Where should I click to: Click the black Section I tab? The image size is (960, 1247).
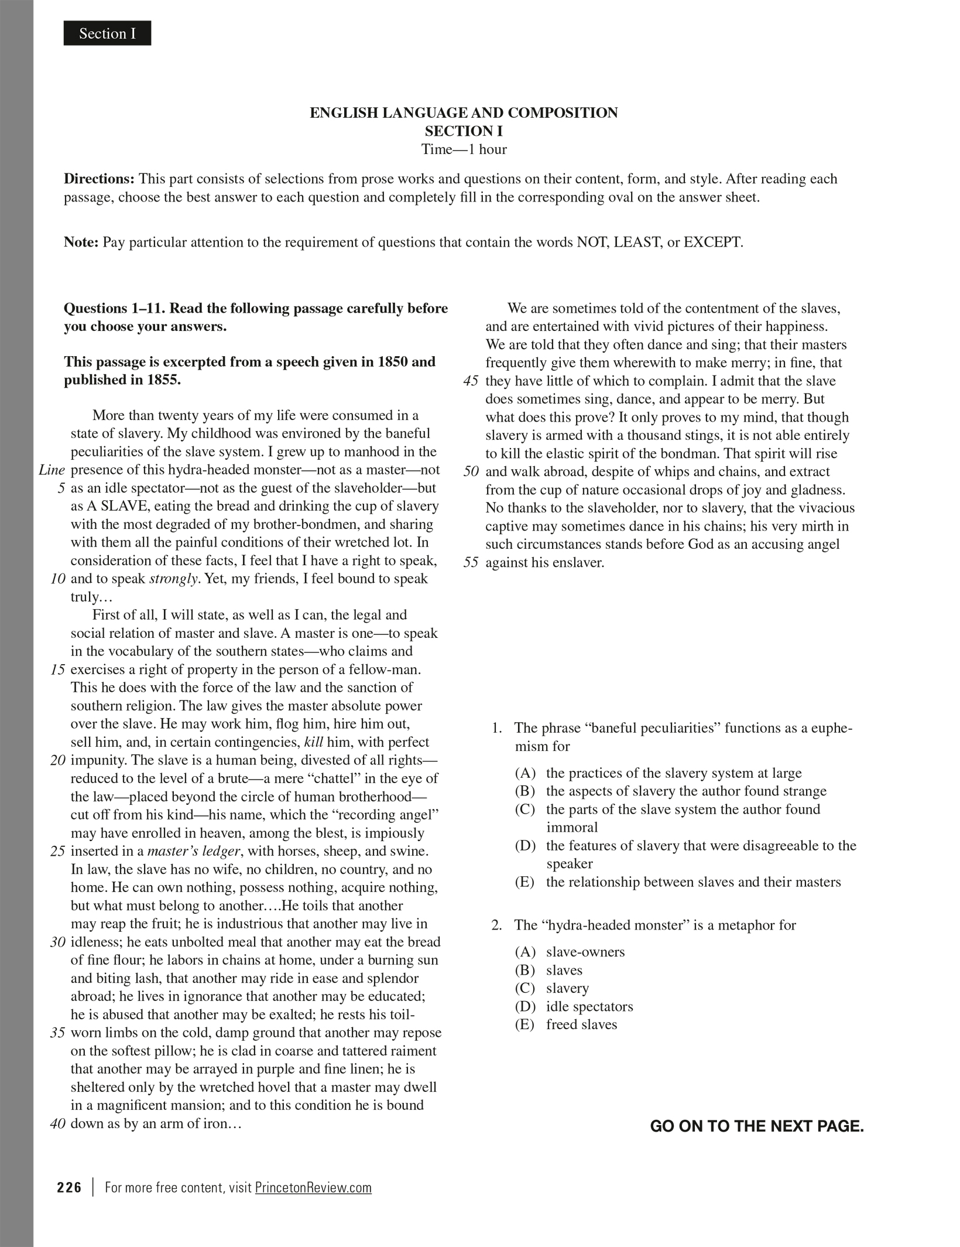click(x=107, y=33)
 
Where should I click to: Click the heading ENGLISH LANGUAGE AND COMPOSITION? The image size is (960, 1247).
click(x=463, y=112)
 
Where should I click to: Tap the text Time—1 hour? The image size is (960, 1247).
click(x=464, y=149)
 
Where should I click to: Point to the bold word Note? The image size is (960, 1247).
click(x=81, y=242)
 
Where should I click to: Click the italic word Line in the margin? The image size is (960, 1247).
click(x=52, y=470)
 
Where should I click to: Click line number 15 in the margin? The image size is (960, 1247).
click(x=57, y=669)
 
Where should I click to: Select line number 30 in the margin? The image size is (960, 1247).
click(x=57, y=942)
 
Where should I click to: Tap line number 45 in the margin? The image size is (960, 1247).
click(x=471, y=381)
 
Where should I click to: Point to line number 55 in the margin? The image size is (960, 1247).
click(x=471, y=563)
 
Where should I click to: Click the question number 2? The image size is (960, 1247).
click(x=496, y=925)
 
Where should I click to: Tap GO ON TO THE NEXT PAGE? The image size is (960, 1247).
click(x=756, y=1126)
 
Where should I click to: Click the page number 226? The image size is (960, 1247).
click(x=69, y=1187)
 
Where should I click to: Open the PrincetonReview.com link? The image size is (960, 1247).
click(x=313, y=1188)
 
